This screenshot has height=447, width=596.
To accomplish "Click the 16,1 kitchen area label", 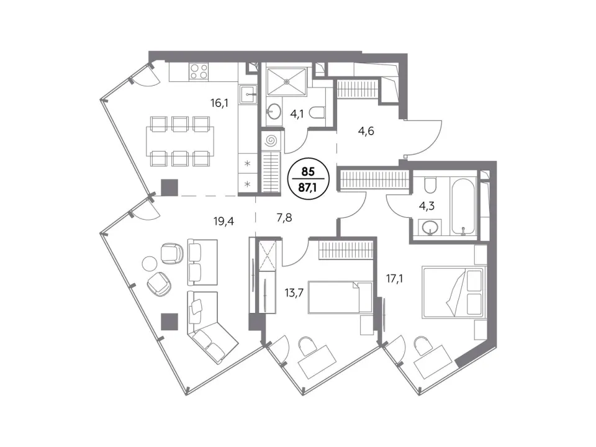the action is tap(219, 102).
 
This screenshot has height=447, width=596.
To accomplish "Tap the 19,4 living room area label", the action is tap(223, 221).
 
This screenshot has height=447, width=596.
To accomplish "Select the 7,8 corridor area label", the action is tap(284, 218).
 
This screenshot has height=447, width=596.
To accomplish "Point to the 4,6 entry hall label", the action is tap(366, 131).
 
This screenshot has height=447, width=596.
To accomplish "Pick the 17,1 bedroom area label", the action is tap(395, 279).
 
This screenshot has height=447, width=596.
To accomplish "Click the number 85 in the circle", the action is tap(308, 172).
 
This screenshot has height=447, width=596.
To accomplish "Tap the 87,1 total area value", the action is tap(308, 187).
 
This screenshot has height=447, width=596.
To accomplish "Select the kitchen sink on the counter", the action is tap(248, 94).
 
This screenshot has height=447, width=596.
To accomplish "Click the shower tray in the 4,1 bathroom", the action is tap(287, 81).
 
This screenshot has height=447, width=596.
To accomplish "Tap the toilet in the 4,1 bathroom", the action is tap(317, 112).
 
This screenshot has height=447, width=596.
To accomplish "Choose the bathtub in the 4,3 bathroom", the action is tap(463, 206).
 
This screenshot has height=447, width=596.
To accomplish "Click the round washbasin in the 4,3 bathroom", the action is tap(430, 228).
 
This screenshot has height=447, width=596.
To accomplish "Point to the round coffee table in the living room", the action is tap(150, 263).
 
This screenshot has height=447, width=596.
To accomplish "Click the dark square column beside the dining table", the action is tap(169, 187).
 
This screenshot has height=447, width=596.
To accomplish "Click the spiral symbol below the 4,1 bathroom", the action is tap(271, 142).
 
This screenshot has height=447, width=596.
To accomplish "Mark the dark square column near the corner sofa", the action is tap(169, 322).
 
